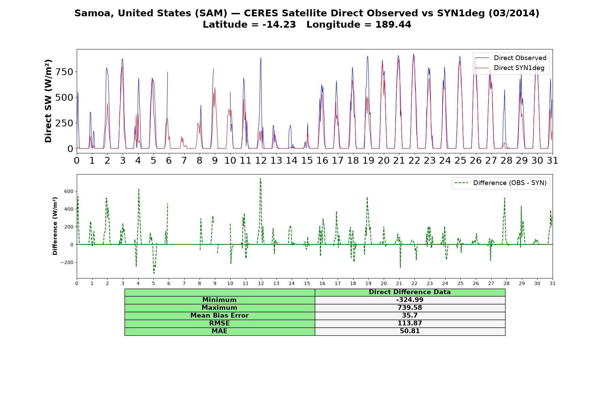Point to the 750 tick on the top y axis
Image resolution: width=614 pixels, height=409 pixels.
pos(65,72)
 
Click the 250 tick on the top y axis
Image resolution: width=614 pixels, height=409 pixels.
pos(65,123)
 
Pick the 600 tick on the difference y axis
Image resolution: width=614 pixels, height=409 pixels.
pos(69,192)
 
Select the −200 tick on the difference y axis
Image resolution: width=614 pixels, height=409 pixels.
pos(67,262)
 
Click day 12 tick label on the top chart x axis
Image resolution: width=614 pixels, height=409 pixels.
pos(261,161)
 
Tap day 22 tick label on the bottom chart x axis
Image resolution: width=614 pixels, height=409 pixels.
pos(414,283)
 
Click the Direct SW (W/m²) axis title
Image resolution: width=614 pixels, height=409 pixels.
pos(48,101)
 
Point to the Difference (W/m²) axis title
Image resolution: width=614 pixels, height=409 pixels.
pos(55,226)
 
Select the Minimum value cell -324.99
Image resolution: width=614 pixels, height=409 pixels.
pos(410,300)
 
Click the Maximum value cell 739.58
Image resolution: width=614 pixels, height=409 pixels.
pos(410,308)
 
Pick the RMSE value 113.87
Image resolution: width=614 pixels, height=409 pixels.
pos(410,323)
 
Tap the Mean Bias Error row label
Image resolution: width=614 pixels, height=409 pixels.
pos(219,316)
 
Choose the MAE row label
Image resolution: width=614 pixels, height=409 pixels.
pos(219,331)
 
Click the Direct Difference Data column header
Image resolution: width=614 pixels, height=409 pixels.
pos(410,292)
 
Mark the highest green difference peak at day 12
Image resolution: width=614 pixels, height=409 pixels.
pos(260,179)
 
